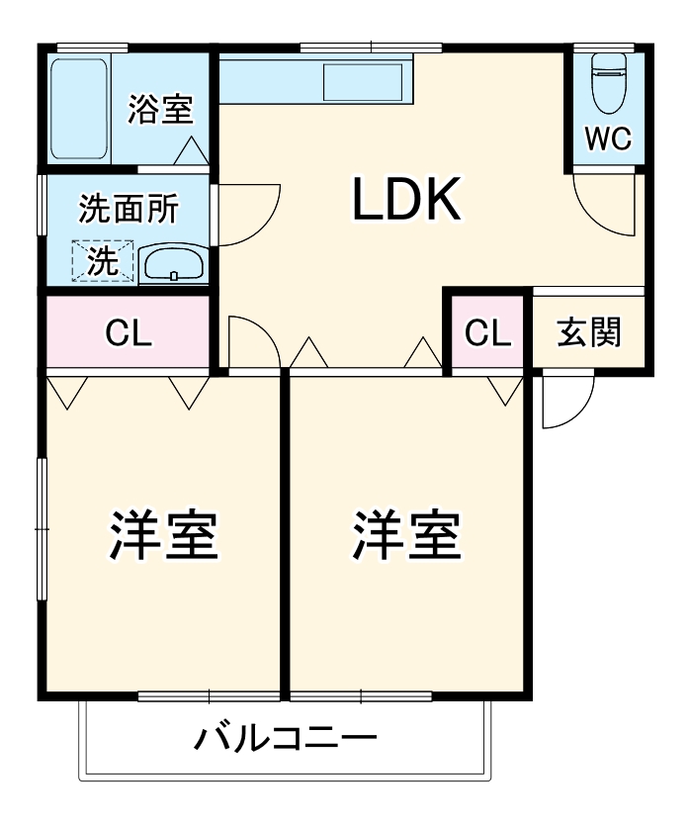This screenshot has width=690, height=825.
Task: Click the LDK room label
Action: pos(406,201)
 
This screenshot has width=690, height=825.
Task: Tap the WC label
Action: pos(607,139)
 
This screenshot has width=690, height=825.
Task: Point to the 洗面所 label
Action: pos(129,209)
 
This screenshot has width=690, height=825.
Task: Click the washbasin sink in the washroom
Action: pos(172,265)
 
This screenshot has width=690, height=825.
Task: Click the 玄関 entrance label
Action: pos(589,332)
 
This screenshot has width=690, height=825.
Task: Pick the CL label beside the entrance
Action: pos(488,333)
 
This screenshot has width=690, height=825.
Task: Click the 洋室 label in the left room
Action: pos(163,534)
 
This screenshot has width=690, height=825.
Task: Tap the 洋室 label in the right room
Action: pos(406,534)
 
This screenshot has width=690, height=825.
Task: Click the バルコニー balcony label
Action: pos(285,739)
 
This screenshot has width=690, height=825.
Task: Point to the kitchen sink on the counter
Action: pos(363,78)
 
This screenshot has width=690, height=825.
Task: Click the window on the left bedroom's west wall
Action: pos(42,528)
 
